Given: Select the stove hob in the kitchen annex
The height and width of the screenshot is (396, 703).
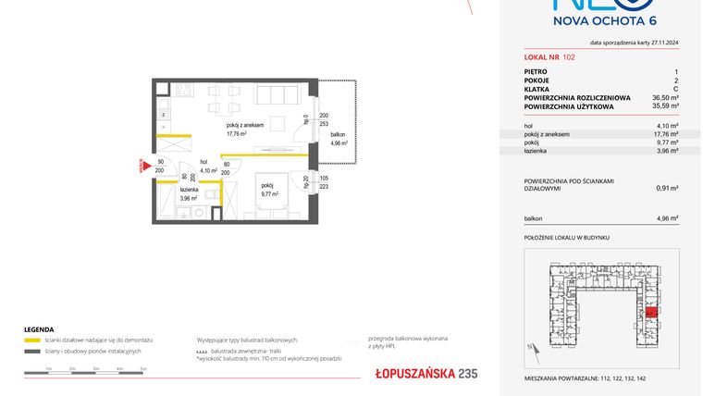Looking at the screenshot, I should pyautogui.click(x=182, y=91).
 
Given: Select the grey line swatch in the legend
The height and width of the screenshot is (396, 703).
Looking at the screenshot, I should pyautogui.click(x=31, y=351).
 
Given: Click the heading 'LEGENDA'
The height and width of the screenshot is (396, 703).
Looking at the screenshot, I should pyautogui.click(x=40, y=329).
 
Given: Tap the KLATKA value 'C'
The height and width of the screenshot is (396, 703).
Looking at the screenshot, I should pyautogui.click(x=675, y=88).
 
